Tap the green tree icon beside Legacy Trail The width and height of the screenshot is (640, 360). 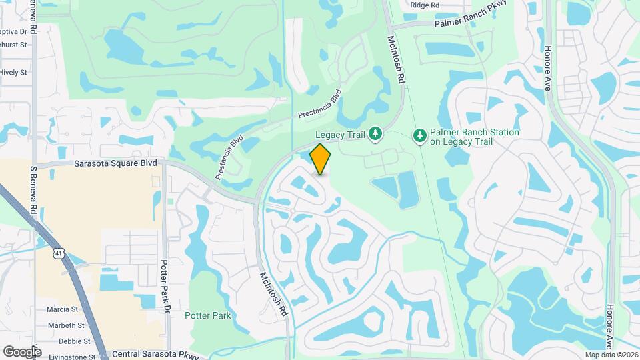375,135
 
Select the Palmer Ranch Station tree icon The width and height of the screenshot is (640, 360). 419,136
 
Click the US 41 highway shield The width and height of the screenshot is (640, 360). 59,253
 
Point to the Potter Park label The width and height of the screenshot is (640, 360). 208,315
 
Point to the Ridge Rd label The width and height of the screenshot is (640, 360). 425,5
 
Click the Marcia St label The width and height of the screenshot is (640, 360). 62,309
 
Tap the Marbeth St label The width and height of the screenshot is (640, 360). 65,325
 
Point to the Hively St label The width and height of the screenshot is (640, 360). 13,72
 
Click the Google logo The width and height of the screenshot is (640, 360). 22,351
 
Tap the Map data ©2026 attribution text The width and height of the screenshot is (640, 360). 611,355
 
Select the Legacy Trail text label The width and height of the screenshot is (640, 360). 340,135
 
